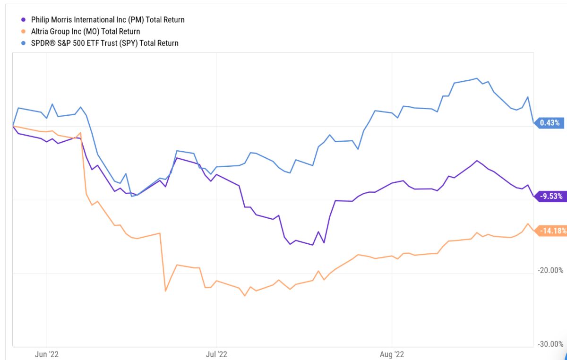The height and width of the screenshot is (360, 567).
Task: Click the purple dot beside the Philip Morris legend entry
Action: coord(24,20)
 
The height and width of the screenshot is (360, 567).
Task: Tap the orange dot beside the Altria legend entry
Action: coord(24,32)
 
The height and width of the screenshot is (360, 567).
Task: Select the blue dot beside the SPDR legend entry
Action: coord(24,43)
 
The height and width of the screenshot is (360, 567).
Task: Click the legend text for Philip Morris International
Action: coord(108,20)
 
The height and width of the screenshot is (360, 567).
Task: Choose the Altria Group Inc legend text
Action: coord(86,32)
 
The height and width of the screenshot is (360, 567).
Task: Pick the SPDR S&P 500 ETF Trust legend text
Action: coord(105,43)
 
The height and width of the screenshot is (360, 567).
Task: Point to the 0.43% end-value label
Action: coord(549,123)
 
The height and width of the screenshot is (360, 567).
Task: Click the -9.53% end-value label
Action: coord(550,196)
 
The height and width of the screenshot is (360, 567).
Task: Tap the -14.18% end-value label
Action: coord(552,231)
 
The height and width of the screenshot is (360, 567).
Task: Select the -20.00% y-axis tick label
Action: coord(551,270)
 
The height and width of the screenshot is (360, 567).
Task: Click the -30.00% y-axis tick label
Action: coord(551,344)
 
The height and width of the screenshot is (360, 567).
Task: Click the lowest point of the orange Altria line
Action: coord(245,296)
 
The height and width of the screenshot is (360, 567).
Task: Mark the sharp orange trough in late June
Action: coord(165,291)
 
